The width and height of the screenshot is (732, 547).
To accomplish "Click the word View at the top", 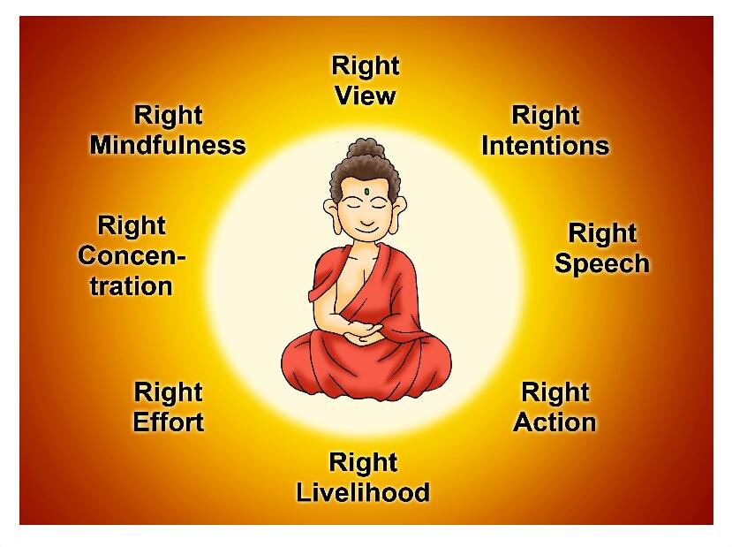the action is click(x=365, y=95).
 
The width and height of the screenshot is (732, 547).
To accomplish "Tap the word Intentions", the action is click(x=545, y=145).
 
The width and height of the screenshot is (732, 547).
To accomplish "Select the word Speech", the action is click(x=601, y=263).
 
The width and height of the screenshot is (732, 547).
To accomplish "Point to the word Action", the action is click(x=555, y=422).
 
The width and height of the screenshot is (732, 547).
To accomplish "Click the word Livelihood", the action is click(x=362, y=492).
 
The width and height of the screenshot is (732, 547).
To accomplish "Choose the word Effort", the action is click(x=168, y=422).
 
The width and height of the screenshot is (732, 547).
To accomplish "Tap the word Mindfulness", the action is click(x=168, y=145).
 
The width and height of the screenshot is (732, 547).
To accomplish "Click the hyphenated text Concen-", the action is click(x=132, y=256).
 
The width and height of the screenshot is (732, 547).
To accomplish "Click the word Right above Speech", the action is click(x=601, y=233).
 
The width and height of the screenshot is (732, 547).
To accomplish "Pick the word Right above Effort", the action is click(x=168, y=391).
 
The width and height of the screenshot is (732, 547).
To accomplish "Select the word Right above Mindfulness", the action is click(x=168, y=115).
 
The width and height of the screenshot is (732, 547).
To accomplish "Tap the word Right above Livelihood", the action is click(x=362, y=462).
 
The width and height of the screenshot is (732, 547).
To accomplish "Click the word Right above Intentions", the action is click(x=545, y=115).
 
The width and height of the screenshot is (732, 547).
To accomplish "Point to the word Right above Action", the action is click(x=555, y=391).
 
